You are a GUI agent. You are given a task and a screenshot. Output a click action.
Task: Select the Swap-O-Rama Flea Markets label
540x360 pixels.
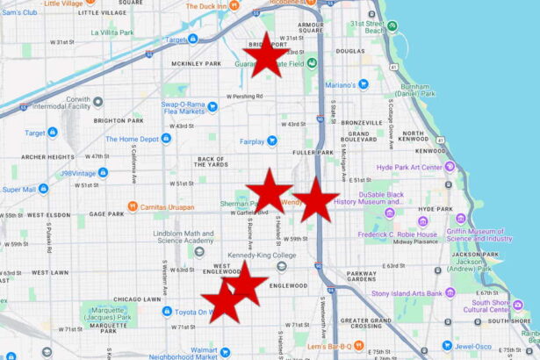pos(182,107)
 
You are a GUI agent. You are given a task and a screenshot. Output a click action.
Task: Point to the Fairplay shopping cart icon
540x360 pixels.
pos(271,140)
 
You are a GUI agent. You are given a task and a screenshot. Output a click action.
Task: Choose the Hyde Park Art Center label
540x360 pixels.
pos(409,167)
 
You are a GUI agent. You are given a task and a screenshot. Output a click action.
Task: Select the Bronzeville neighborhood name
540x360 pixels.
pos(361,122)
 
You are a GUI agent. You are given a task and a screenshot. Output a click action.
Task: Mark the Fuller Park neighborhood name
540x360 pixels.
pos(313,152)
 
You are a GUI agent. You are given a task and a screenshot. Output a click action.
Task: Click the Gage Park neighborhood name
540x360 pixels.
pos(106,213)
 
